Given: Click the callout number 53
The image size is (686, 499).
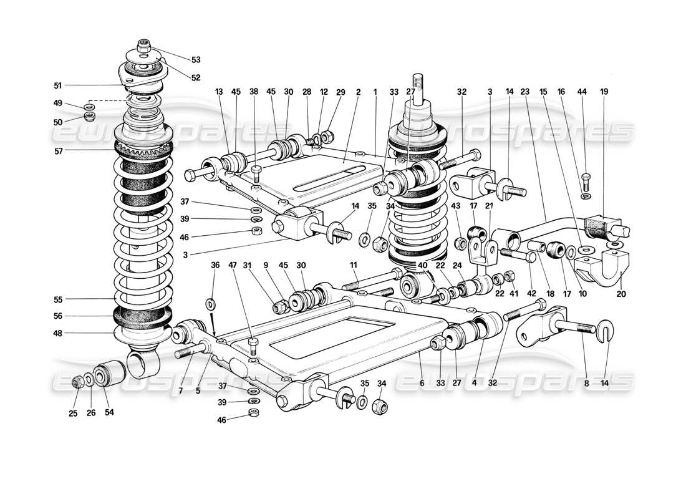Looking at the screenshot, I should [x=196, y=61].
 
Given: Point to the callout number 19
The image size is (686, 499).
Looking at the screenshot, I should [x=604, y=92].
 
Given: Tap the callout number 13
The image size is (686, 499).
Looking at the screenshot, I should [x=220, y=92].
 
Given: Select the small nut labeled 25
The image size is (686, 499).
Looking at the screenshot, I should [x=78, y=382].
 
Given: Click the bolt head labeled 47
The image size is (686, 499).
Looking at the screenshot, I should [x=253, y=342].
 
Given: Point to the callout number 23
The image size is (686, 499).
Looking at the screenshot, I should [x=526, y=92].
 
